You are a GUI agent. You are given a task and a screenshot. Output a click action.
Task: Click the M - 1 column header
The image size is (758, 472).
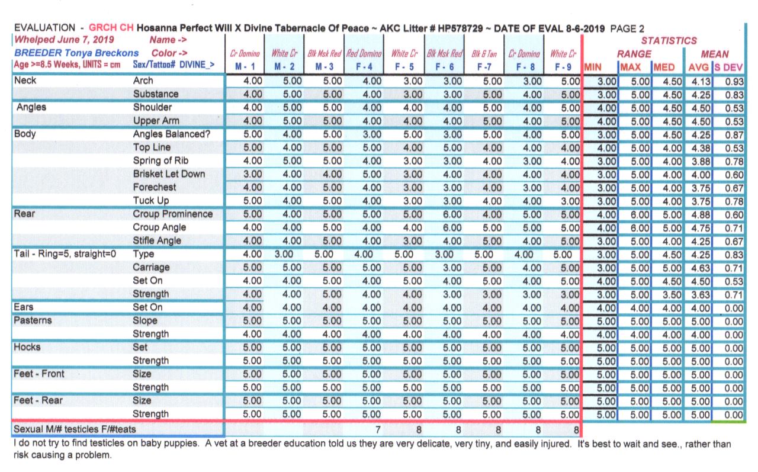[245, 67]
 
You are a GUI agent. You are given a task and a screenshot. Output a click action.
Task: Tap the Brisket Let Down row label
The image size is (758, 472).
[169, 174]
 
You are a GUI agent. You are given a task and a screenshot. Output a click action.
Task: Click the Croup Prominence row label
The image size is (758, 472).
[172, 214]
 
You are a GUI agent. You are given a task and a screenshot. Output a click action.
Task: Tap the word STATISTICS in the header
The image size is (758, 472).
[669, 41]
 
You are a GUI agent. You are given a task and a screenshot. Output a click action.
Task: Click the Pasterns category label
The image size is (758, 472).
[33, 320]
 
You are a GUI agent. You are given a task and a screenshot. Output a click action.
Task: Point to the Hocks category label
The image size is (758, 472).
[27, 347]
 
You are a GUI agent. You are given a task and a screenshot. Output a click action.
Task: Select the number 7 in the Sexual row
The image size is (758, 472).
[377, 428]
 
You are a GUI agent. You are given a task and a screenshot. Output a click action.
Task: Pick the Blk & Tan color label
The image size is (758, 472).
[483, 54]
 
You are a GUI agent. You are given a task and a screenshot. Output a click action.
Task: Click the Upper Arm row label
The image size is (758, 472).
[156, 121]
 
